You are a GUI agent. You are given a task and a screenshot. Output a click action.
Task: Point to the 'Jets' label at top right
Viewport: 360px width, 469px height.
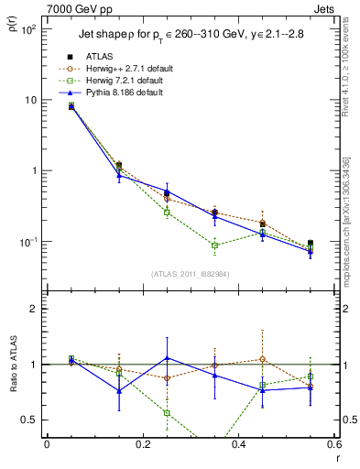(325, 6)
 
